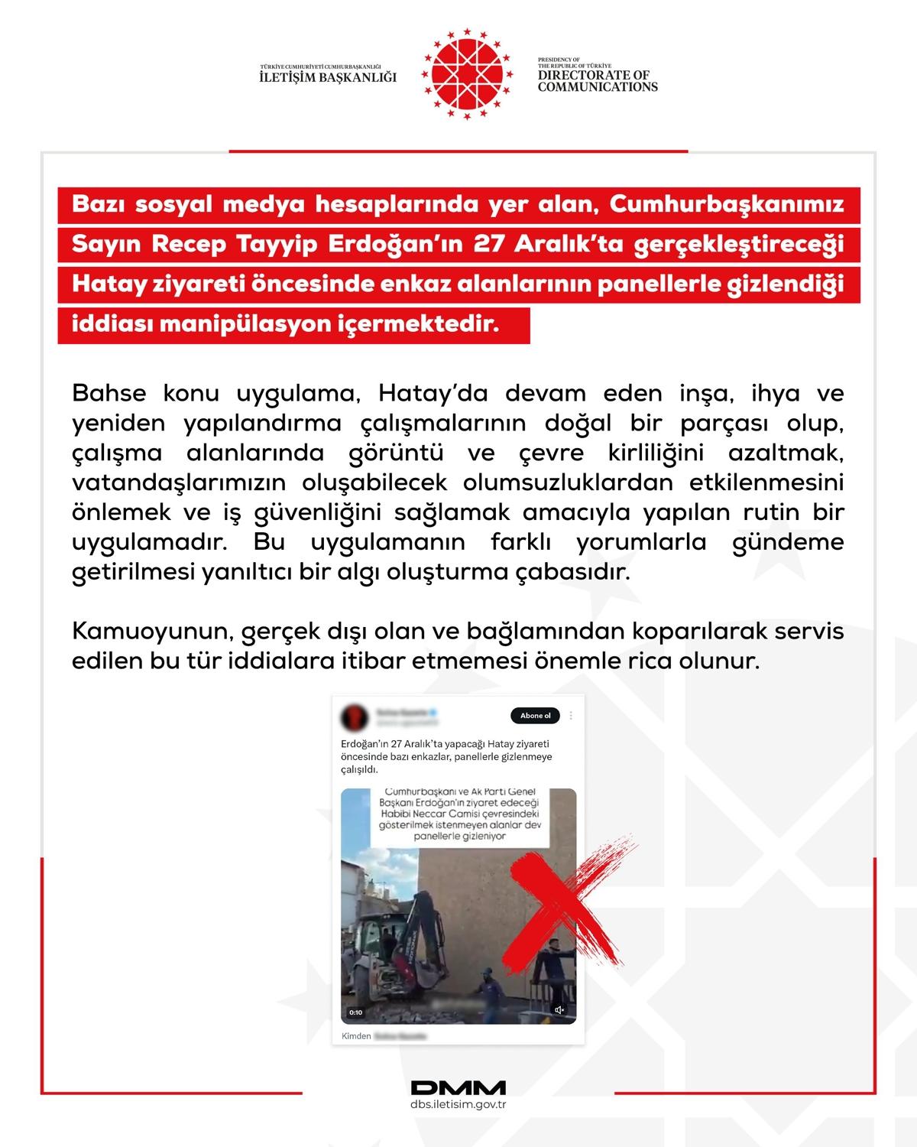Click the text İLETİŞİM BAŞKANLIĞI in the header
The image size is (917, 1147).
pyautogui.click(x=329, y=77)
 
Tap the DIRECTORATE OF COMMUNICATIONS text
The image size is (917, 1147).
pyautogui.click(x=597, y=81)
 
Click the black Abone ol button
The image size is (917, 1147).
pyautogui.click(x=535, y=716)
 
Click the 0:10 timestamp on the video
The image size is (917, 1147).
pyautogui.click(x=355, y=1012)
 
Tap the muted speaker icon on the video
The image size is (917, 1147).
pyautogui.click(x=559, y=1010)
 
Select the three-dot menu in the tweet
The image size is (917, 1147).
pyautogui.click(x=572, y=716)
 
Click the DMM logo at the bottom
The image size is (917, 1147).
pyautogui.click(x=458, y=1087)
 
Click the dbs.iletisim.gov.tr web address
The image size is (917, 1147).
pyautogui.click(x=458, y=1105)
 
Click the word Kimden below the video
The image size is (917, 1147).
pyautogui.click(x=356, y=1036)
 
